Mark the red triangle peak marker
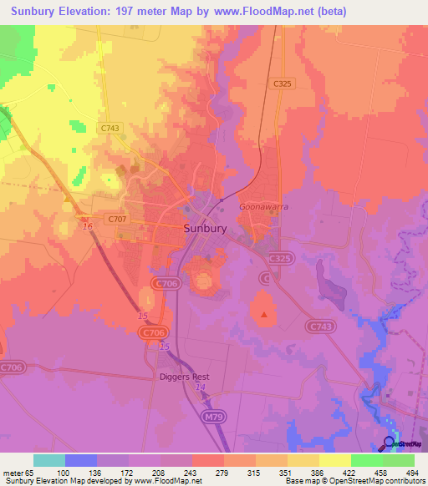[265, 315]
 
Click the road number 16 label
[86, 226]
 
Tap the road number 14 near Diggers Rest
[200, 388]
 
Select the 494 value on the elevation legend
[411, 473]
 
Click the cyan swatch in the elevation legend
[49, 460]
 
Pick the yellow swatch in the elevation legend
[334, 460]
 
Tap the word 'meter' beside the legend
[13, 473]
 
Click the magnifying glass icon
[390, 443]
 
